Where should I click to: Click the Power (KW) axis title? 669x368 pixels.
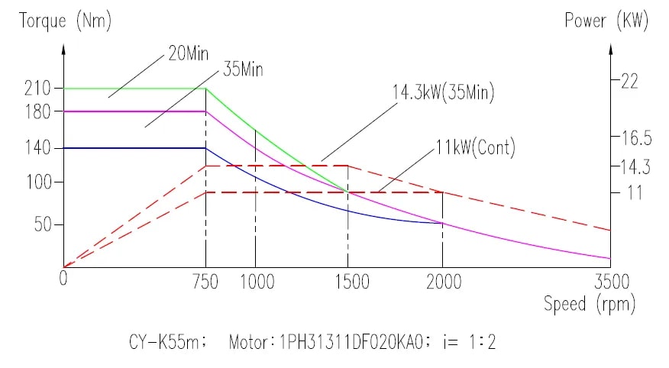click(x=606, y=21)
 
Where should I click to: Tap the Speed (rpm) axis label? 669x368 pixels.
click(x=589, y=305)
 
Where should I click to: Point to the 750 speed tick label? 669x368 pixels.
click(x=205, y=282)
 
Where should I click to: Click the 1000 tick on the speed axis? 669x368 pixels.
click(x=257, y=282)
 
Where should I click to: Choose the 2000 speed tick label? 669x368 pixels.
click(x=443, y=282)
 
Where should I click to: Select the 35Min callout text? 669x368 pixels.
click(x=243, y=71)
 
